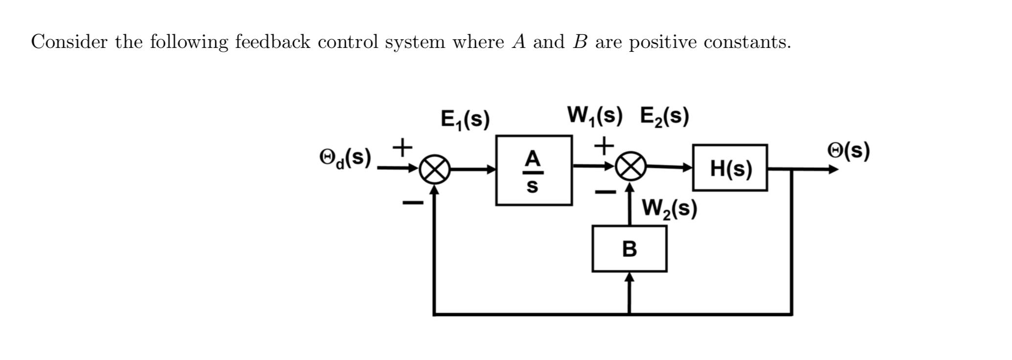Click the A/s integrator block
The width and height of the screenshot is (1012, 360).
534,171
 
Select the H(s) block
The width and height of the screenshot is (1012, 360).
730,168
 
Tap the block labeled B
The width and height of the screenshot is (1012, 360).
629,248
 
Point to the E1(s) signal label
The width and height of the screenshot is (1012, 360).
465,119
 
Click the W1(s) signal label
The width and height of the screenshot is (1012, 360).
594,116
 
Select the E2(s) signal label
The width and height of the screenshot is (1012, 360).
664,116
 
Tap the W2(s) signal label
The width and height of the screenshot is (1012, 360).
669,209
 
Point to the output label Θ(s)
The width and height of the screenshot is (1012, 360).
848,151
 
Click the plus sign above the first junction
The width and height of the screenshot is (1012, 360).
403,147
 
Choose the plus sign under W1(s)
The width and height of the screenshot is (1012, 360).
605,145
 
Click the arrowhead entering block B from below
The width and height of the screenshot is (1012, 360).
630,277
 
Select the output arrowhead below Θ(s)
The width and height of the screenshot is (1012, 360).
832,169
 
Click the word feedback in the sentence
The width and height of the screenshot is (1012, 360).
272,42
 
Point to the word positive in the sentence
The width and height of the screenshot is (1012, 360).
662,42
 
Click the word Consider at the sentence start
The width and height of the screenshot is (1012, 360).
69,42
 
